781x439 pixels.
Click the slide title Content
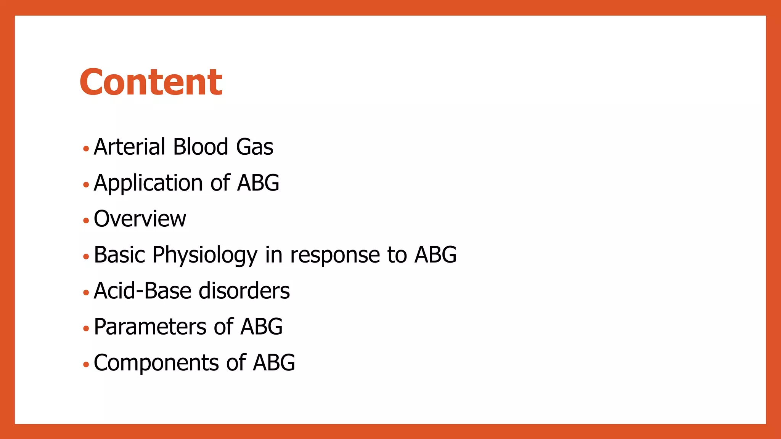point(151,82)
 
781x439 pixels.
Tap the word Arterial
point(129,147)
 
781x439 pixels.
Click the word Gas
point(254,147)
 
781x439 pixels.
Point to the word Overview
point(140,219)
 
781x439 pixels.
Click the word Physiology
point(205,255)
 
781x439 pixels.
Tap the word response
point(335,255)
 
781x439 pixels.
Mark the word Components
point(156,363)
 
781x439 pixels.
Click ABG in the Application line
point(258,183)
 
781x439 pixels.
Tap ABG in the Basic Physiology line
point(435,255)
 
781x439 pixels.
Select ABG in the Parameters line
point(262,327)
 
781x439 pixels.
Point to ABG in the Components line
point(274,362)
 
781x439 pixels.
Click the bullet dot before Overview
point(86,221)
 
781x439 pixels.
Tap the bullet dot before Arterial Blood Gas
point(86,149)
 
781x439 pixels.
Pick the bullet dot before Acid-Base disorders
point(86,293)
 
